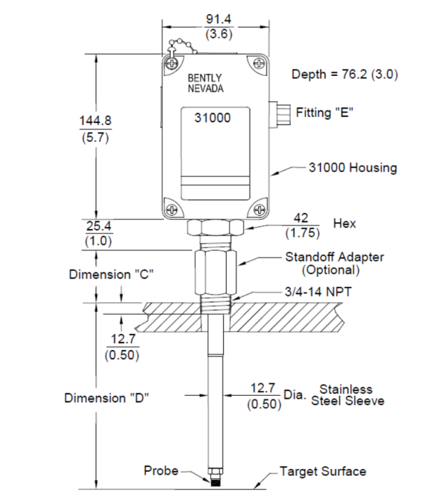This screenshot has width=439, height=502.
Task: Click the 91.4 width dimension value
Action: click(218, 19)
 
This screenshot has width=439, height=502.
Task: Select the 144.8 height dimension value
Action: click(96, 121)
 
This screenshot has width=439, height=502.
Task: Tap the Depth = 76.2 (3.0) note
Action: click(345, 75)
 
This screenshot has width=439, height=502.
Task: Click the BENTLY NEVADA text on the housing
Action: click(205, 83)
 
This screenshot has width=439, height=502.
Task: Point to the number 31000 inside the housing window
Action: click(212, 118)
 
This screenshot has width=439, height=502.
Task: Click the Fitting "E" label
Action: click(324, 112)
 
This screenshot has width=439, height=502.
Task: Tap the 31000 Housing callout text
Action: click(352, 168)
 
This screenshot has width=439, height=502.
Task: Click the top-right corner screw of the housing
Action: click(258, 63)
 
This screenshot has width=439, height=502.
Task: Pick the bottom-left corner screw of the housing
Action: click(172, 210)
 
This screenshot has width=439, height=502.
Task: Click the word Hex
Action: click(345, 224)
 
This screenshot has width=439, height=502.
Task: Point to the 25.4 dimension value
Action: click(98, 226)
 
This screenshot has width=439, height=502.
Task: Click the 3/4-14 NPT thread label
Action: click(318, 292)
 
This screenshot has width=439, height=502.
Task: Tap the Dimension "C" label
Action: click(111, 275)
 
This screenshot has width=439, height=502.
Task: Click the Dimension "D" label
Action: click(107, 398)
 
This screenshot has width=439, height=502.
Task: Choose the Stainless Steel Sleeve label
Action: click(348, 395)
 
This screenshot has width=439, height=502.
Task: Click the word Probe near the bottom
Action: click(161, 470)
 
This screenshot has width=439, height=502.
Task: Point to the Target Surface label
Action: click(323, 472)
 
